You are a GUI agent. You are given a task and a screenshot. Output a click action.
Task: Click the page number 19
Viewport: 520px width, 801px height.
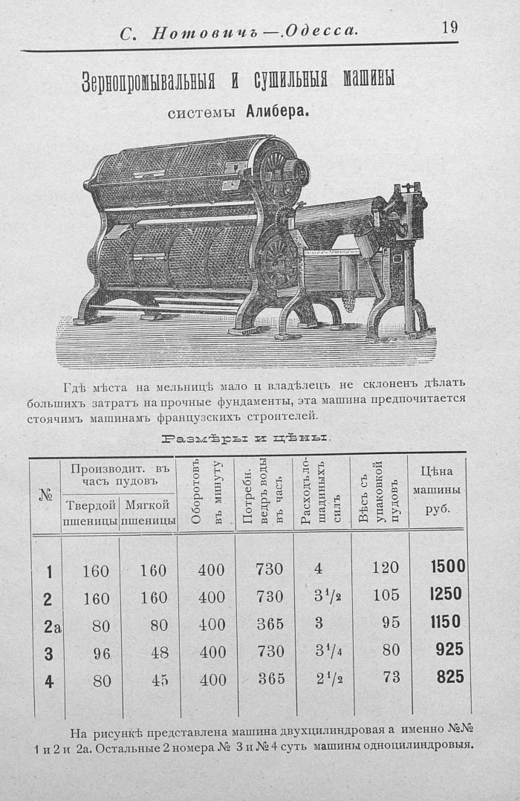tap(449, 28)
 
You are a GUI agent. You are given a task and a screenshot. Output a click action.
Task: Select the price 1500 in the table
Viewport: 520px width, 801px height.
tap(448, 566)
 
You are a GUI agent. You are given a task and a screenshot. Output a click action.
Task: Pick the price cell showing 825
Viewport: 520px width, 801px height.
tap(449, 676)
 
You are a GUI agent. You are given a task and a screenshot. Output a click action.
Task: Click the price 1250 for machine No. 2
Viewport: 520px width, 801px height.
tap(446, 594)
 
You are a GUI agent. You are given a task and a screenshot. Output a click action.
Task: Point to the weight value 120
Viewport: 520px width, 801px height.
tap(386, 568)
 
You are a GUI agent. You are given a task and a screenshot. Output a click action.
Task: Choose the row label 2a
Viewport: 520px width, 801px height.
tap(51, 626)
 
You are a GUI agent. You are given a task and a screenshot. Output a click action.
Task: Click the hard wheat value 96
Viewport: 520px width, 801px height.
tap(101, 653)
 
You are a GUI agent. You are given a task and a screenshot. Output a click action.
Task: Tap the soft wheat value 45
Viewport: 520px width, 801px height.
tap(159, 680)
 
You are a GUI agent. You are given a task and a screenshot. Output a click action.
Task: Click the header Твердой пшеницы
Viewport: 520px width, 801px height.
tap(91, 513)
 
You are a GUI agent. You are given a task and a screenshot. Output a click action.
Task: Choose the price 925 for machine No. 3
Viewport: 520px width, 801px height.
tap(449, 649)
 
